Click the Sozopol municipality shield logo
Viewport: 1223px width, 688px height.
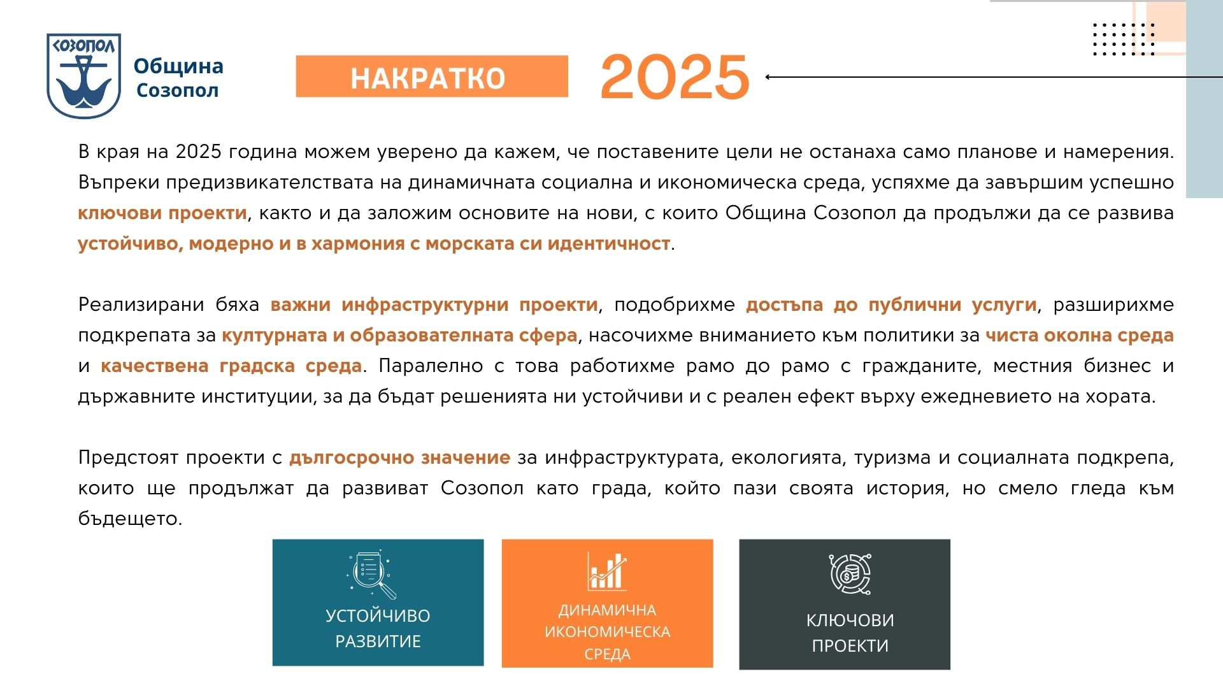coord(83,76)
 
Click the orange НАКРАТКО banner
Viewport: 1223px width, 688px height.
coord(432,76)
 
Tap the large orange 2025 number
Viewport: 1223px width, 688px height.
coord(675,76)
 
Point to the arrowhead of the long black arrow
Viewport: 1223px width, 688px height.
coord(768,77)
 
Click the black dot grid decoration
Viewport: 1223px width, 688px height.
coord(1124,39)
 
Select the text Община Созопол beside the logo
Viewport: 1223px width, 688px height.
coord(178,78)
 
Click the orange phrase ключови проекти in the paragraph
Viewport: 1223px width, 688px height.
coord(162,213)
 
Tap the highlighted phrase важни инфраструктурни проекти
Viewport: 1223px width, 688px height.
coord(434,305)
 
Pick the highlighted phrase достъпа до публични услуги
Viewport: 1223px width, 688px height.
coord(891,305)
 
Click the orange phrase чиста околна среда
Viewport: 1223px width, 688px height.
coord(1080,335)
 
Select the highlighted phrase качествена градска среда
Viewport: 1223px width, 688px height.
coord(231,366)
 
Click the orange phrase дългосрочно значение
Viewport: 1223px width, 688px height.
coord(400,457)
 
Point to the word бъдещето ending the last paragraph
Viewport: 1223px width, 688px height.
coord(130,519)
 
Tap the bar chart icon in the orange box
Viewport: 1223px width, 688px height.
coord(607,571)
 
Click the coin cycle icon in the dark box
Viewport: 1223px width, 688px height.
coord(850,574)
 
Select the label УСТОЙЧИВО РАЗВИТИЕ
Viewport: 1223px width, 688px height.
coord(378,628)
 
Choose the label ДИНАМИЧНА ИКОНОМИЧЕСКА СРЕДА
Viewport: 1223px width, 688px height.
coord(607,632)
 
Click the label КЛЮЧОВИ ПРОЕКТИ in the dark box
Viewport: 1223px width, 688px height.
coord(850,633)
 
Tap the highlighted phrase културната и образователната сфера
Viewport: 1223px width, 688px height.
coord(399,335)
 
